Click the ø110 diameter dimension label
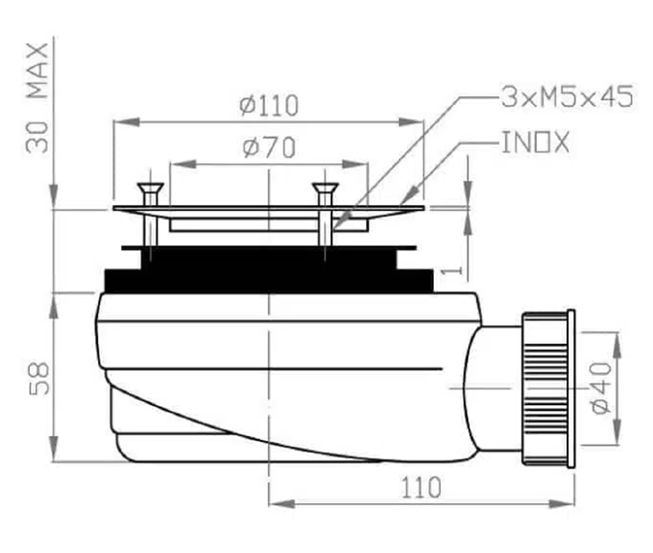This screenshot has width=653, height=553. [270, 105]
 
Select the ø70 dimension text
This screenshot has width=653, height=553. [270, 147]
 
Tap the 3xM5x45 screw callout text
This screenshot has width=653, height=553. [567, 97]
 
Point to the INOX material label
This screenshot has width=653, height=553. [535, 142]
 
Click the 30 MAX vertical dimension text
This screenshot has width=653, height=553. [37, 98]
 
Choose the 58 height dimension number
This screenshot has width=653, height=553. [38, 379]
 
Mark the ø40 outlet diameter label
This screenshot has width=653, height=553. [602, 388]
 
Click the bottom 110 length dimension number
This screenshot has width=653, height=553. [421, 488]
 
